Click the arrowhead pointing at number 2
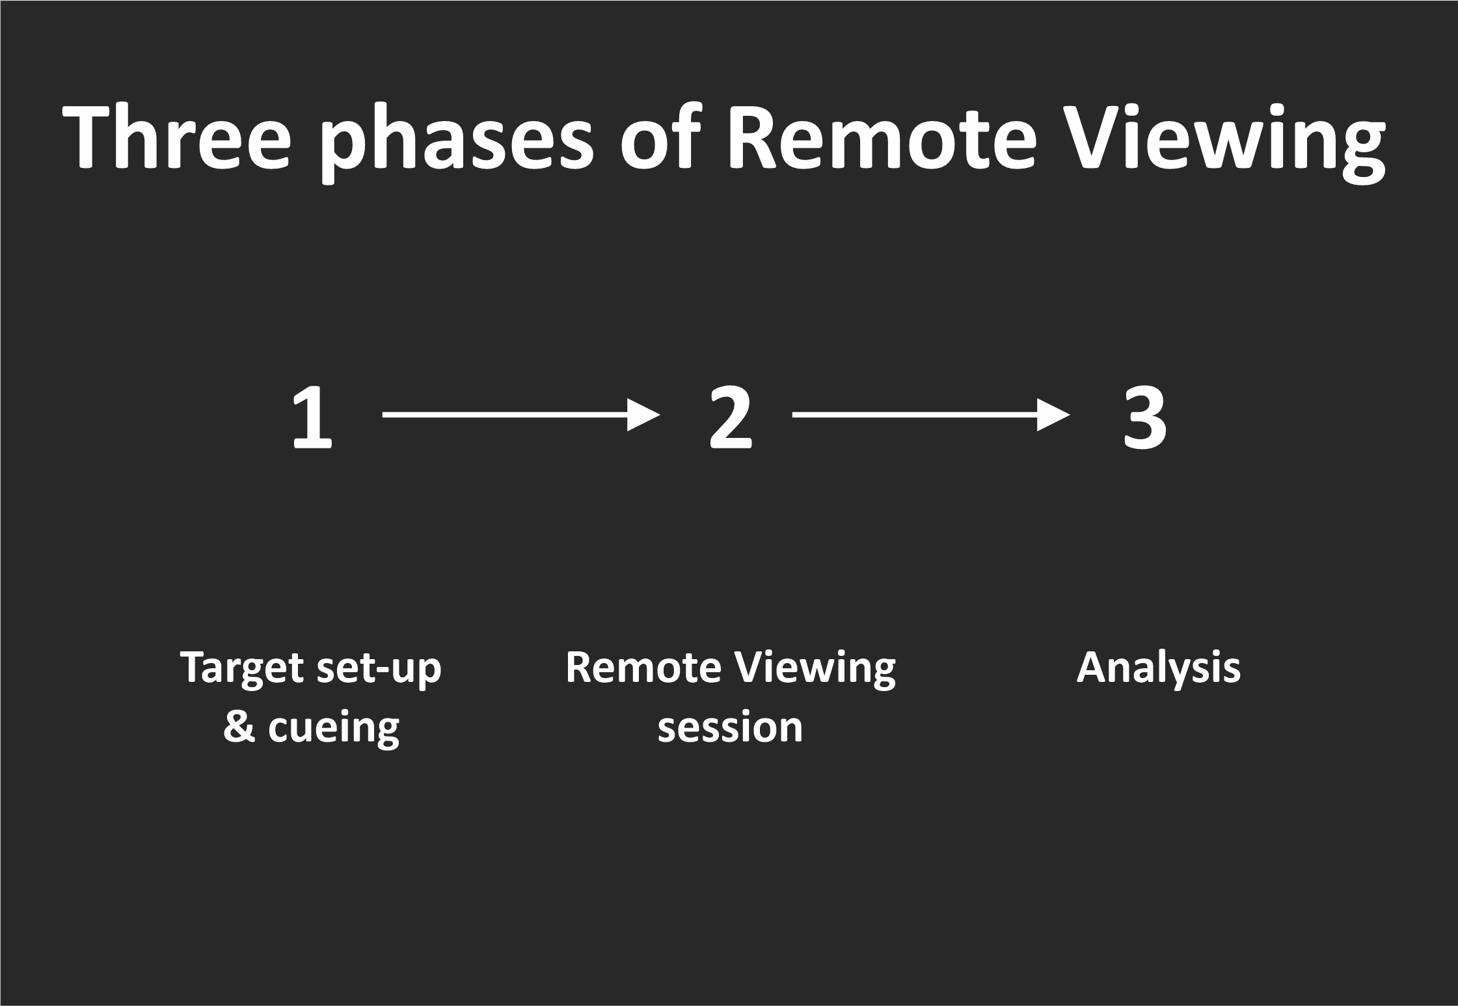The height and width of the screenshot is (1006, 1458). tap(643, 415)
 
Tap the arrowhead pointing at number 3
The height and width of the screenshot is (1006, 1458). tap(1053, 415)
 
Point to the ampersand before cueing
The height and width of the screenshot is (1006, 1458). tap(239, 727)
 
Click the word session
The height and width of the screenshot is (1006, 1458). tap(730, 727)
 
